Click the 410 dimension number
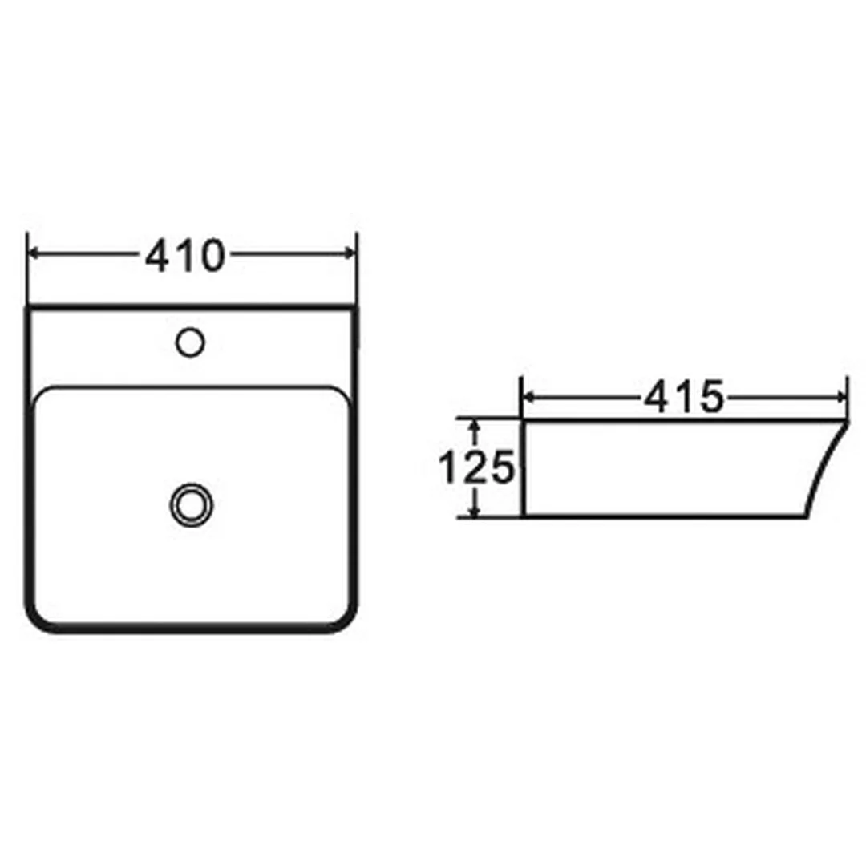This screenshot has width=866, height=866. coord(185,256)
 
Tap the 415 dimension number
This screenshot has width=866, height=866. coord(684,397)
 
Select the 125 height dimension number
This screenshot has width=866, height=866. coord(476,467)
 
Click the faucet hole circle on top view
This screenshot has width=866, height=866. coord(190,342)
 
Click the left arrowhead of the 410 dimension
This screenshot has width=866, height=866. coord(33,253)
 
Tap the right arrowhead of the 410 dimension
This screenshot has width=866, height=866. coord(350,253)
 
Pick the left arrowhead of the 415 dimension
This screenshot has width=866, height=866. coord(528,397)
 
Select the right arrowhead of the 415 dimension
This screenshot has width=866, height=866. coord(841,397)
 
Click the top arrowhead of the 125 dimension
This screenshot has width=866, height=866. coord(474,425)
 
